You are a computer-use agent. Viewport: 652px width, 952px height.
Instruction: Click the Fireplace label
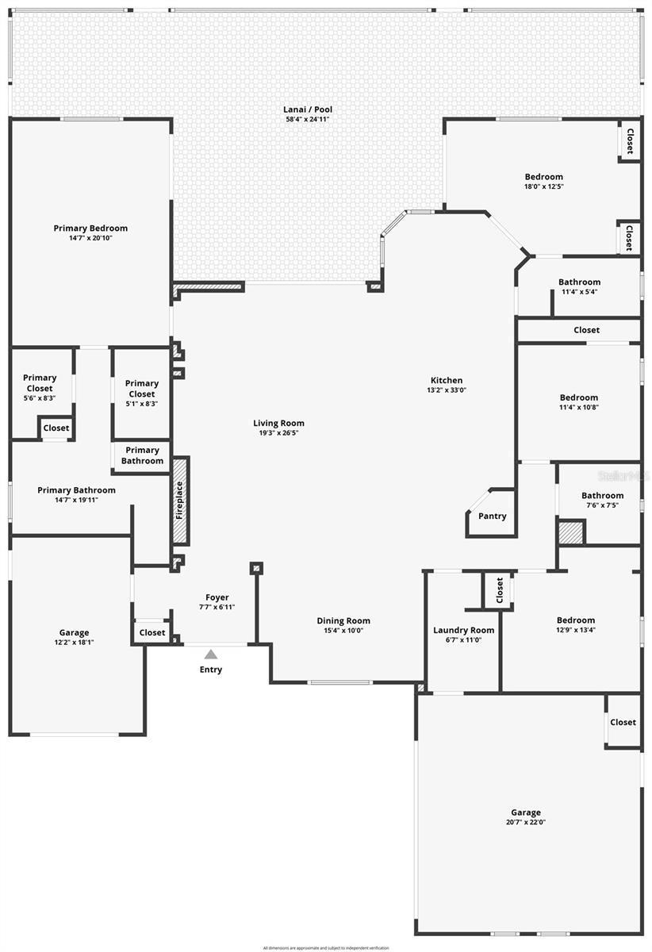tap(180, 500)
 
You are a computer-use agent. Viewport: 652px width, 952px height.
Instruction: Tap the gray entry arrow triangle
tap(211, 654)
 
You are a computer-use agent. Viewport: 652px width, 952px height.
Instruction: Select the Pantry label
tap(493, 516)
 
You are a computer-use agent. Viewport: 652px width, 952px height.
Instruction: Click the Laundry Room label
tap(463, 630)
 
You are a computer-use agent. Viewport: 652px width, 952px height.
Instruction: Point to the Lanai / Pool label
tap(306, 109)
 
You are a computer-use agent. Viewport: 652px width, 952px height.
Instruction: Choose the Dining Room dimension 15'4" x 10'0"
tap(343, 631)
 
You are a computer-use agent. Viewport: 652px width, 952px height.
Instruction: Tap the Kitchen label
tap(447, 380)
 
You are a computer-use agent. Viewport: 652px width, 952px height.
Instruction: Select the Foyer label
tap(217, 597)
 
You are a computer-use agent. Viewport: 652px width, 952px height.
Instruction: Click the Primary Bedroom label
tap(90, 228)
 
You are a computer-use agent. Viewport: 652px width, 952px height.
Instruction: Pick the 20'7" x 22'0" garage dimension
tap(526, 822)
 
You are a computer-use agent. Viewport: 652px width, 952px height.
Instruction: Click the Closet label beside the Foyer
tap(152, 632)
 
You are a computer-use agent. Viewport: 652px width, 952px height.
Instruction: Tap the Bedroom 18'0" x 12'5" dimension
tap(543, 186)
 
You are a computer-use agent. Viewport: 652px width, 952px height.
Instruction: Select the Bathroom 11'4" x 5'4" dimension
tap(579, 292)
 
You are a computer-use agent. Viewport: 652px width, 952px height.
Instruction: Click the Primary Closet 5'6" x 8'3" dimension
tap(40, 398)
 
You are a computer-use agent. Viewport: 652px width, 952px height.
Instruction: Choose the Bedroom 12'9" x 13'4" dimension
tap(575, 631)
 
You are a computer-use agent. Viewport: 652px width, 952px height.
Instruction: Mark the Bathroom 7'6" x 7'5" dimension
tap(602, 505)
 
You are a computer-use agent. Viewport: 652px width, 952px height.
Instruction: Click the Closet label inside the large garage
tap(623, 722)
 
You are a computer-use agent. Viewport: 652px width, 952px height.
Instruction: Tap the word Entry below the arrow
tap(211, 670)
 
